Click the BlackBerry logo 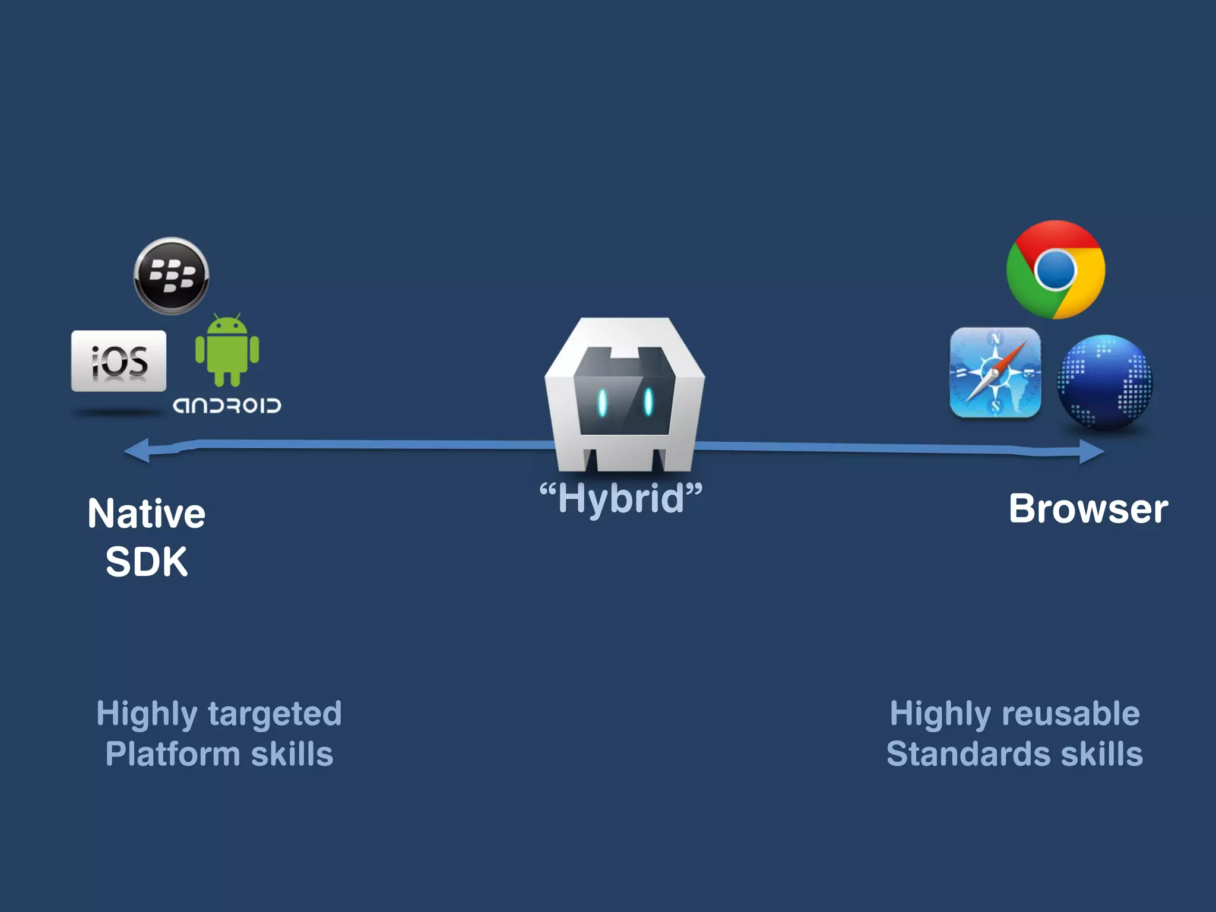171,276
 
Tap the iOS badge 119,361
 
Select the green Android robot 227,350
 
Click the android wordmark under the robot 227,406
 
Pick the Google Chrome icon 1056,270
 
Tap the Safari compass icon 995,373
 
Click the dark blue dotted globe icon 1105,382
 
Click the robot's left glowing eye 602,403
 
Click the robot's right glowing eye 648,401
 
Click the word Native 147,514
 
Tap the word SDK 147,562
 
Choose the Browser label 1088,509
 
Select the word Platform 173,755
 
